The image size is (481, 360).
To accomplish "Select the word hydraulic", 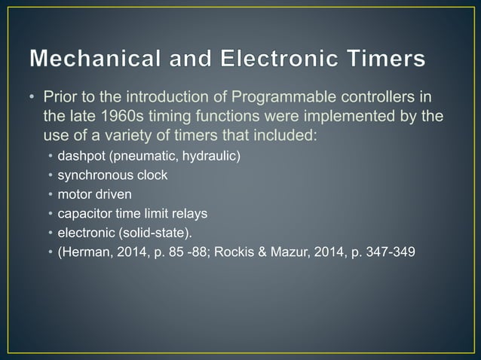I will (211, 157).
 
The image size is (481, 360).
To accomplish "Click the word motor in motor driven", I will (74, 194).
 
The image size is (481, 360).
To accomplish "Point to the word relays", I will (187, 213).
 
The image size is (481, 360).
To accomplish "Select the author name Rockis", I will (233, 251).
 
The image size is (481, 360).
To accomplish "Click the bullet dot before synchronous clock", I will (51, 176).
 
